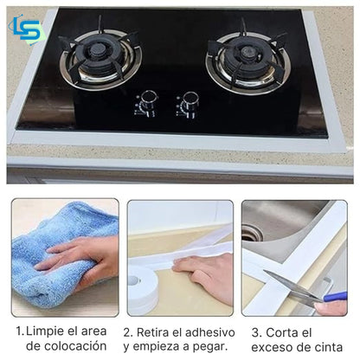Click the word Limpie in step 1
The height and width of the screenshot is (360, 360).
tap(46, 332)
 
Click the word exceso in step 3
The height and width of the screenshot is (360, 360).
tap(275, 347)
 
